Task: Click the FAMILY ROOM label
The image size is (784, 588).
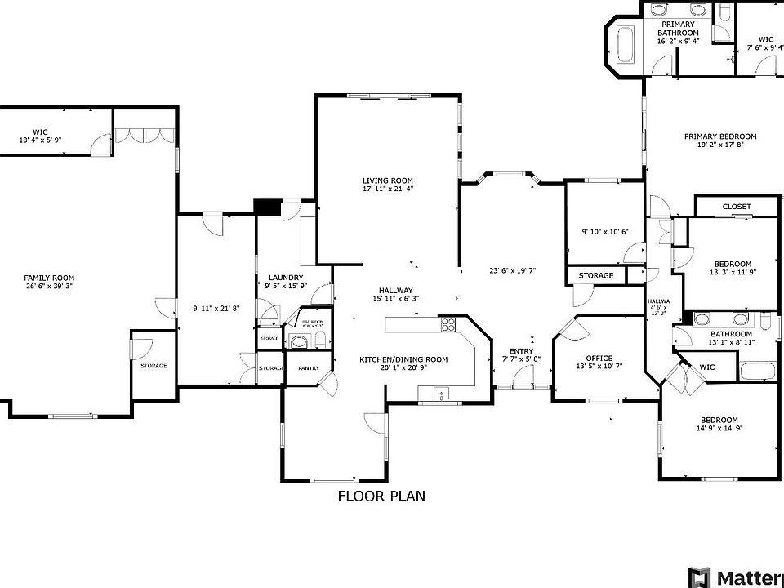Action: (x=49, y=278)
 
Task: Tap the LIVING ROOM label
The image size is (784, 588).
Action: (x=388, y=180)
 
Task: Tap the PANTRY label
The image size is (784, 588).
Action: (x=308, y=368)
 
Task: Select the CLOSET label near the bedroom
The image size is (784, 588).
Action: (x=736, y=207)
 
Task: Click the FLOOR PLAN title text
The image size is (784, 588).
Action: (x=381, y=496)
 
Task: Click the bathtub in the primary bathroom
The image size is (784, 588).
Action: (x=625, y=46)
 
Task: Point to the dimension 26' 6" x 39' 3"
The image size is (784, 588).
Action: (x=49, y=287)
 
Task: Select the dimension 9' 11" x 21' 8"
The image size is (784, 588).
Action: (x=216, y=308)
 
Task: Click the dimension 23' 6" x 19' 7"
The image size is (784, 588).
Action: (x=512, y=271)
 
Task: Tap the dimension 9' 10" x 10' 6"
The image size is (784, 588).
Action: (x=604, y=232)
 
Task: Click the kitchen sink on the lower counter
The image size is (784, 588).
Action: (x=441, y=394)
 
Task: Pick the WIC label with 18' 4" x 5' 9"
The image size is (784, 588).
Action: (x=41, y=136)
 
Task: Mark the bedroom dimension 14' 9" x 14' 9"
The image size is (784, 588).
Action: (x=719, y=429)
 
